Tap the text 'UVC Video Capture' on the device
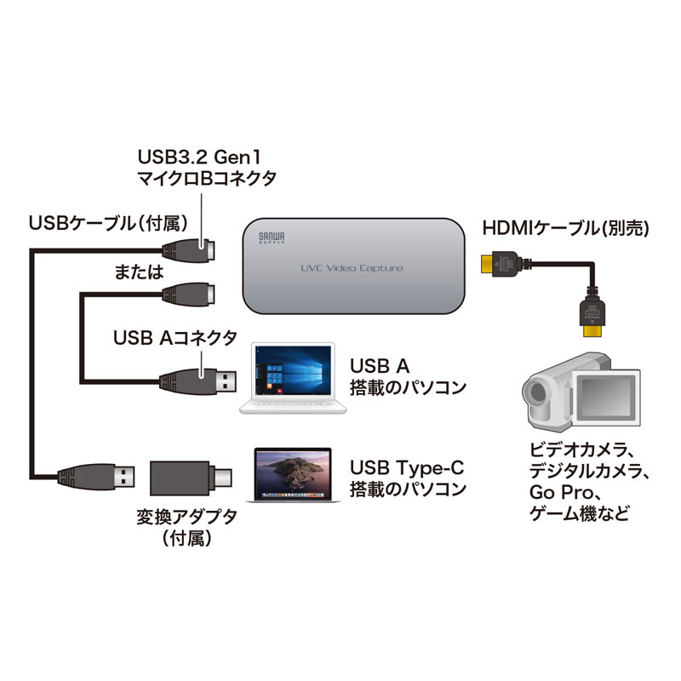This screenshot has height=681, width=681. pos(352,269)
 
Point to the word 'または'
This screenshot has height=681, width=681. pos(137,272)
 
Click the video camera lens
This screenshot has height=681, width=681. pos(536,392)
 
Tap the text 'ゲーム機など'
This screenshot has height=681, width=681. pos(575,514)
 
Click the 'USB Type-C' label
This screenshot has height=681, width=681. pos(409,468)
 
